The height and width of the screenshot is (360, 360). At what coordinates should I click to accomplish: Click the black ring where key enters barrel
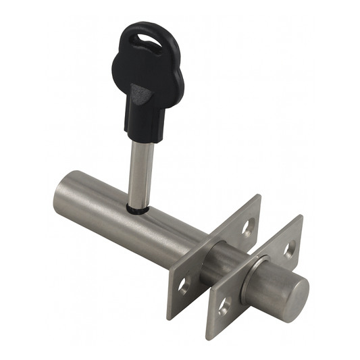pyautogui.click(x=139, y=209)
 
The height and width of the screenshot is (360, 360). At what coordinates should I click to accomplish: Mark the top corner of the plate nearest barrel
pyautogui.click(x=259, y=197)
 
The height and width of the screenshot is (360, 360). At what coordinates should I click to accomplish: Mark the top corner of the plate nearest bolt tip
pyautogui.click(x=299, y=217)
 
